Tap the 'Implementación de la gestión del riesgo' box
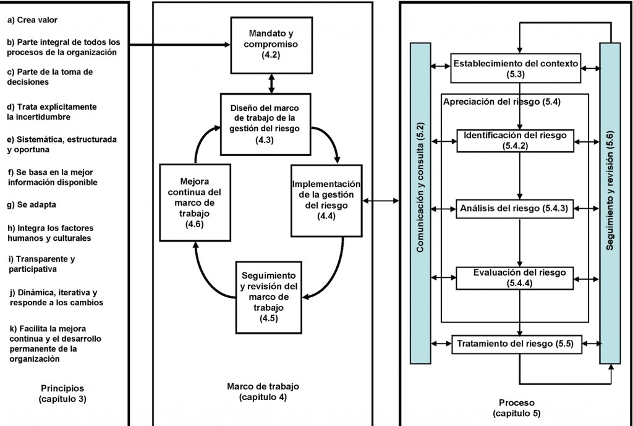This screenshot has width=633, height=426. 326,199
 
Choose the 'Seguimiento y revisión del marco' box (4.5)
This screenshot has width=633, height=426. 268,297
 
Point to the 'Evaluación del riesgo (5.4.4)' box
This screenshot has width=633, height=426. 519,277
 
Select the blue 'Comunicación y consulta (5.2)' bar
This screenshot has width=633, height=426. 421,204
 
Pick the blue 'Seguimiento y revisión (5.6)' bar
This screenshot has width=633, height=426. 610,204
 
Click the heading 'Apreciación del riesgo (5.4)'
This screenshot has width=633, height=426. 501,102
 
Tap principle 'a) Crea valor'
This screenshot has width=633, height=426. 33,20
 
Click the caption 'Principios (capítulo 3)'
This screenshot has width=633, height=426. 62,394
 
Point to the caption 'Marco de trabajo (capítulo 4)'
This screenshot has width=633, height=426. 262,391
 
